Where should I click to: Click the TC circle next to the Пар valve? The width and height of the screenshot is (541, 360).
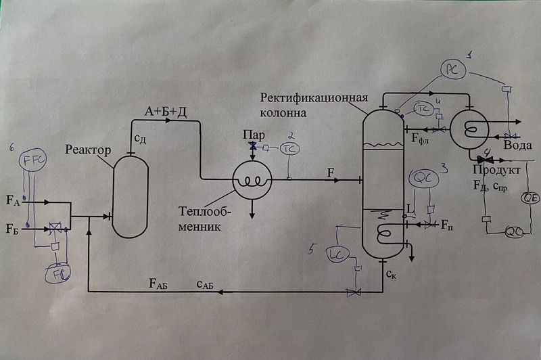(289, 148)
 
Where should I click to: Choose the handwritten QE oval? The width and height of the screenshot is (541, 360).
(529, 198)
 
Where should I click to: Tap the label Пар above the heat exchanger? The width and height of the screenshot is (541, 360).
(252, 135)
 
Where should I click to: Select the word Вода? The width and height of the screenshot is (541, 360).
(519, 145)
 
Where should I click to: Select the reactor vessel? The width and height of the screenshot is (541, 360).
(129, 195)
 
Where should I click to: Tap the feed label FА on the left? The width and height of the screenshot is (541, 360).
(14, 200)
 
